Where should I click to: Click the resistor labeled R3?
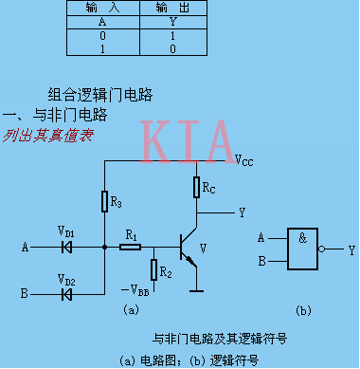104,201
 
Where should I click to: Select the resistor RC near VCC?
197,188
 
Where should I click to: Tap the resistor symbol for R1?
131,248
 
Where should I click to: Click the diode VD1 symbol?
65,248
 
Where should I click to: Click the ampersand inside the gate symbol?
302,240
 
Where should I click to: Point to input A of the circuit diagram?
26,248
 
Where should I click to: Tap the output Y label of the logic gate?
351,249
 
